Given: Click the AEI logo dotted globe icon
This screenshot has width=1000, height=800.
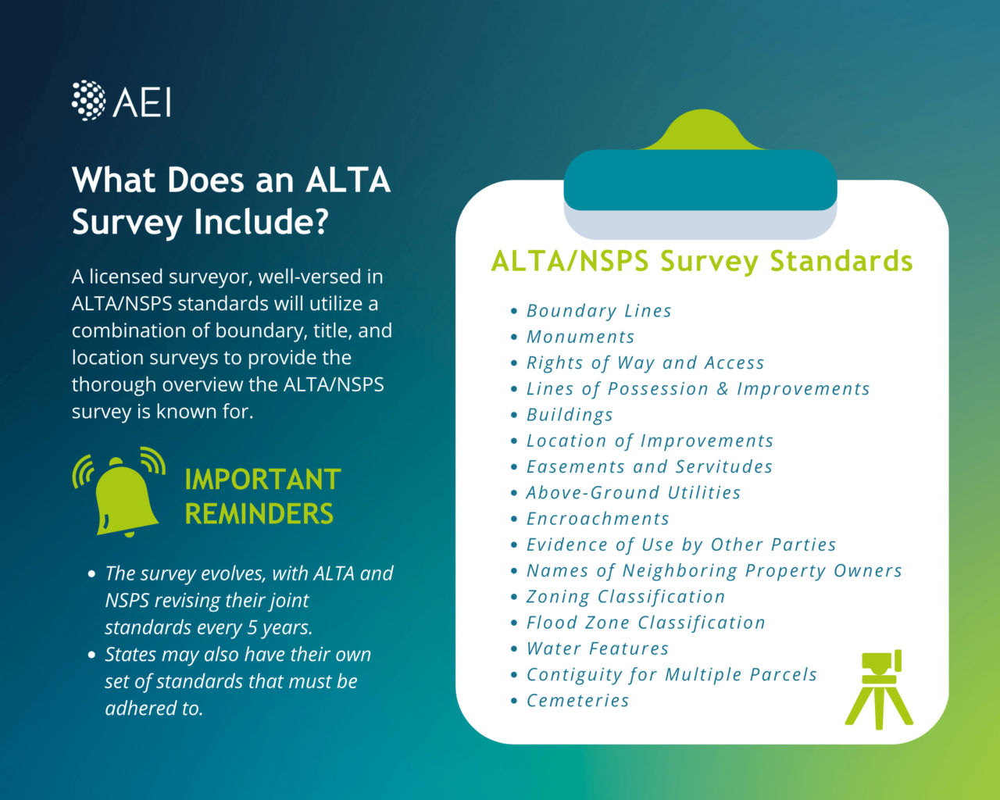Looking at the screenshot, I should click(88, 101).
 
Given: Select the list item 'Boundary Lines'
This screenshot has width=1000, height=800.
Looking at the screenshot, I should click(598, 311).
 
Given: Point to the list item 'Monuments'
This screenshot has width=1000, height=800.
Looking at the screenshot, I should click(580, 337).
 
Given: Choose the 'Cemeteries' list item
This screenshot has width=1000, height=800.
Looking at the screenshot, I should click(577, 701).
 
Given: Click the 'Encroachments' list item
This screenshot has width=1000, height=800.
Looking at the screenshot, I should click(598, 519).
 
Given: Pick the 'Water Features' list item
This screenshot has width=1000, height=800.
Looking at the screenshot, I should click(598, 648).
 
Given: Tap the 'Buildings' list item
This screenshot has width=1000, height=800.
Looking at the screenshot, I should click(570, 415).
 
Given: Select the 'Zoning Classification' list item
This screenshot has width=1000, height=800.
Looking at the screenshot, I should click(626, 597).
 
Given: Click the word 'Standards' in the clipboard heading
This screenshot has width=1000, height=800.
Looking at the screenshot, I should click(841, 261).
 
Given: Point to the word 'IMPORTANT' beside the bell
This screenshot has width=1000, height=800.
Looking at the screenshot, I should click(262, 479).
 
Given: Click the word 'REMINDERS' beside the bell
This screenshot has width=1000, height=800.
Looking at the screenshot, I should click(259, 514).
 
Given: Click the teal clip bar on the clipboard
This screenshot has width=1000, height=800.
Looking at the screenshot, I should click(700, 180).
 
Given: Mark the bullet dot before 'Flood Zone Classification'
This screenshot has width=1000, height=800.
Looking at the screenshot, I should click(513, 623).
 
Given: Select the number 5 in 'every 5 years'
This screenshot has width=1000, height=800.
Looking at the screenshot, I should click(252, 627).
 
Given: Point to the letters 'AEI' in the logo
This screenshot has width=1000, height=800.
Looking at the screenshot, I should click(143, 102).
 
